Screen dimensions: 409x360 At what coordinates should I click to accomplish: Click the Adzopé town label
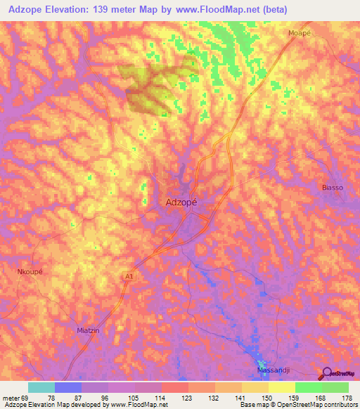coord(181,202)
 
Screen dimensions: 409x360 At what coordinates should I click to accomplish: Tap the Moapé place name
coord(300,33)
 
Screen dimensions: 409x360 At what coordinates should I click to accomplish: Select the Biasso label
coord(333,188)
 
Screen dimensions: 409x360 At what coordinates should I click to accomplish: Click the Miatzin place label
coord(89,329)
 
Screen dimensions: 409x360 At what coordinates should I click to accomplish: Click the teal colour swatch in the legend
coord(41,387)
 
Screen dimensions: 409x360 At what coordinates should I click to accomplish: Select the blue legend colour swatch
coord(68,387)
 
